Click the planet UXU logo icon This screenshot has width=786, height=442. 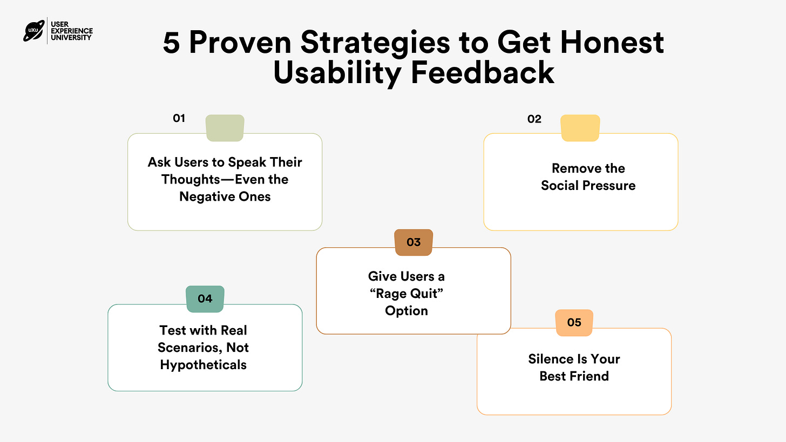coord(34,31)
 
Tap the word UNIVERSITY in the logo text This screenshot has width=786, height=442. coord(71,38)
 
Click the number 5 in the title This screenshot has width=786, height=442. coord(171,43)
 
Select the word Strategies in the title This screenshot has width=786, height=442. coord(375,43)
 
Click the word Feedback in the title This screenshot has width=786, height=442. coord(483,73)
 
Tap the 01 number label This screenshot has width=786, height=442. coord(179,118)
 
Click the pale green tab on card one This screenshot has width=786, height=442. coord(225,128)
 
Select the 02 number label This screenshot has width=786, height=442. coord(534,119)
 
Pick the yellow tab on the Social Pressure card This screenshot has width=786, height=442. coord(580,128)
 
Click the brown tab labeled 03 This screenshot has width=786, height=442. coord(414,242)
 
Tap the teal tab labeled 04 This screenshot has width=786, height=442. coord(205,299)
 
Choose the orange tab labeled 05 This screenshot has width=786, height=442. coord(574,323)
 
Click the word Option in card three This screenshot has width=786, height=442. coord(406,311)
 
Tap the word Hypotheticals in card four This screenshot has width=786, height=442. coord(203,365)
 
